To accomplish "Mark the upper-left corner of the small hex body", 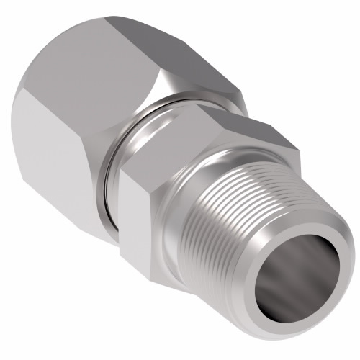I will (121, 173).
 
